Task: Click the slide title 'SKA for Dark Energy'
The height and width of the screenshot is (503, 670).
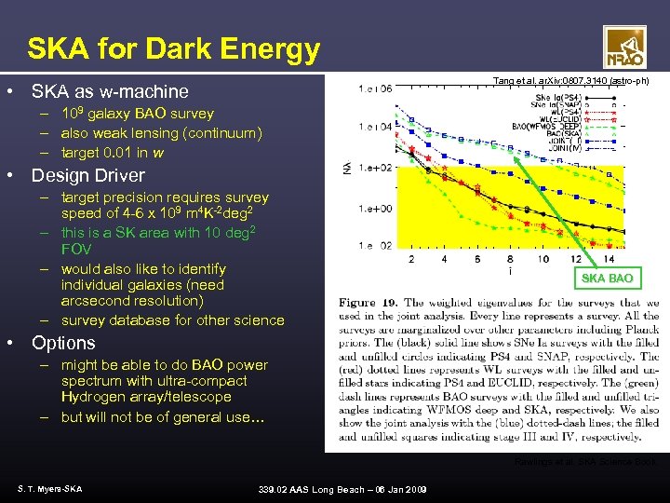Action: tap(173, 48)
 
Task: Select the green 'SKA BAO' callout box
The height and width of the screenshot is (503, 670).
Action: tap(607, 278)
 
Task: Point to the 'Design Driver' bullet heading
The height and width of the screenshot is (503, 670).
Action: tap(88, 175)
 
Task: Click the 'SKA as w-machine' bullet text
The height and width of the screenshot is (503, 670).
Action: tap(110, 91)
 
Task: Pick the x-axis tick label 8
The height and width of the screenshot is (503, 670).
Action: tap(510, 259)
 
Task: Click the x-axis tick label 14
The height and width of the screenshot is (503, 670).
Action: tap(609, 259)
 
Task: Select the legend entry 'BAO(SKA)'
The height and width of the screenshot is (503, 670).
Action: tap(550, 133)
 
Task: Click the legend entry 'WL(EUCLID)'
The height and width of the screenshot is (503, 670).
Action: tap(552, 118)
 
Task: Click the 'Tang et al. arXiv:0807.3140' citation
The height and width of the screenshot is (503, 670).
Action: tap(569, 82)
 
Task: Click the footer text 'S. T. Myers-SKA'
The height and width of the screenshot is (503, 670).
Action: tap(49, 489)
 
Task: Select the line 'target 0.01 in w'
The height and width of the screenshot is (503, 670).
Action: tap(113, 152)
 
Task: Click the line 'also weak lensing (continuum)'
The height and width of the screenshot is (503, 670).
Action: tap(161, 133)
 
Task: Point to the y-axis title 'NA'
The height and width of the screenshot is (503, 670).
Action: tap(346, 168)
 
